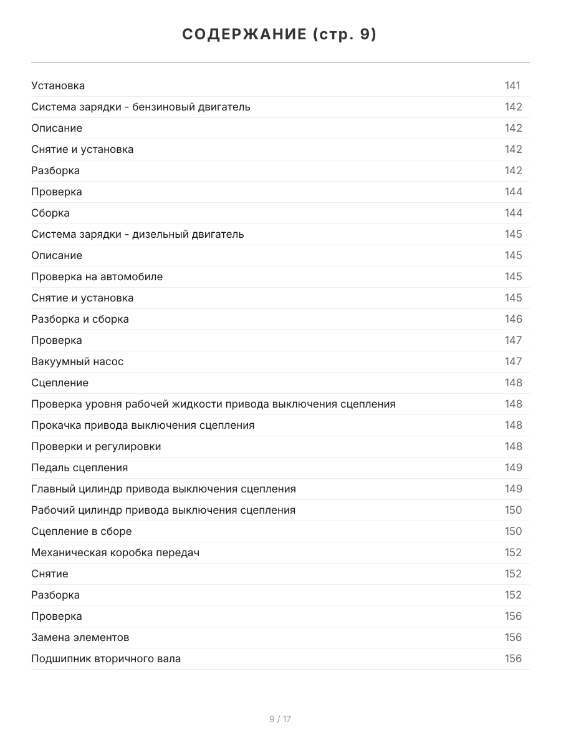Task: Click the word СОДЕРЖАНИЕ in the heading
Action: point(244,35)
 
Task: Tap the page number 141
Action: point(512,86)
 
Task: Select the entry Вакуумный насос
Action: point(77,361)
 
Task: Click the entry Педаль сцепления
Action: point(80,468)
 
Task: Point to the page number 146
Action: point(513,319)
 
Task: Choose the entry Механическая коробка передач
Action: point(115,552)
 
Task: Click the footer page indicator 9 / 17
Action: point(280,719)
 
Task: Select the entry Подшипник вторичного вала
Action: point(106,658)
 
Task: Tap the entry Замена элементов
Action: point(80,637)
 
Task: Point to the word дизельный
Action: point(166,234)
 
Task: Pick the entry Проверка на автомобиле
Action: point(97,277)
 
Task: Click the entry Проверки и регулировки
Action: point(96,446)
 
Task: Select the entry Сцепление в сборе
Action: point(82,531)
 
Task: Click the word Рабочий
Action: point(53,510)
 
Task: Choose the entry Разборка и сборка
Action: point(80,319)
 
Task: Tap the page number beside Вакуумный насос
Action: point(513,361)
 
